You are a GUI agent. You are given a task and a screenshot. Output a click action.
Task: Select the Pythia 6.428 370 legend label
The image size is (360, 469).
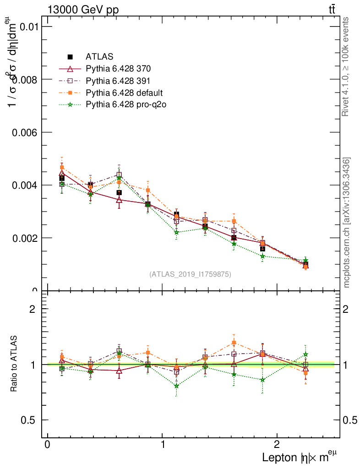[118, 69]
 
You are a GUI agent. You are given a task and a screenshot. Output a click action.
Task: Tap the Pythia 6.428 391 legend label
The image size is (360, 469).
[118, 81]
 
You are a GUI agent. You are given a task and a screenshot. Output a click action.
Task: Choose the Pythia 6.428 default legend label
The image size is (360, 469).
[124, 93]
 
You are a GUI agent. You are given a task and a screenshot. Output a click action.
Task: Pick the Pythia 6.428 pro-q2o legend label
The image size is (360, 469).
[125, 105]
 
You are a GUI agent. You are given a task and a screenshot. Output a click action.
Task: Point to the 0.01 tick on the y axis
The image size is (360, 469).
[28, 27]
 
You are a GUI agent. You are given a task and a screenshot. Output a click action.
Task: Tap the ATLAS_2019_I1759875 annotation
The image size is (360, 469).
[190, 274]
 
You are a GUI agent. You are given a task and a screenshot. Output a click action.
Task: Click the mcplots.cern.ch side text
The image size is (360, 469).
[347, 223]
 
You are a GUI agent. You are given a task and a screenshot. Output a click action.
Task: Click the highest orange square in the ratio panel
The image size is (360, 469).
[234, 343]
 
